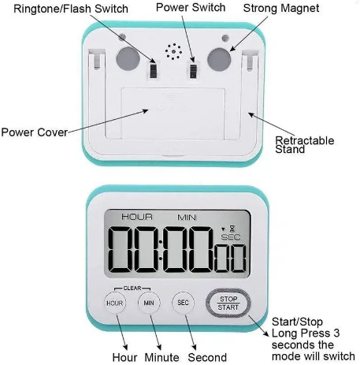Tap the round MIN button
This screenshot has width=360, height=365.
pyautogui.click(x=149, y=303)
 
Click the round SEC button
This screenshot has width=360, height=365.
pyautogui.click(x=183, y=303)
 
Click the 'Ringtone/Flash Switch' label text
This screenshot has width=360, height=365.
pyautogui.click(x=71, y=9)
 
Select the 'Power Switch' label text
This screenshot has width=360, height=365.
pyautogui.click(x=191, y=8)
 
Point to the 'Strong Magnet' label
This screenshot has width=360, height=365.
pyautogui.click(x=281, y=8)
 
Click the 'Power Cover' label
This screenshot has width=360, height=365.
pyautogui.click(x=35, y=132)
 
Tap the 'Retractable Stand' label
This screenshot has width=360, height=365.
pyautogui.click(x=305, y=145)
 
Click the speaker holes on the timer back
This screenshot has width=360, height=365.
pyautogui.click(x=173, y=52)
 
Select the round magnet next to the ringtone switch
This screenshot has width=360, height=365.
pyautogui.click(x=128, y=59)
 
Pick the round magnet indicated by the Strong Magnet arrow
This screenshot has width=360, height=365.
pyautogui.click(x=219, y=59)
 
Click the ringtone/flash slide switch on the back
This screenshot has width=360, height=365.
pyautogui.click(x=153, y=70)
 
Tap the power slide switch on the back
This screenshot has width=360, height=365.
pyautogui.click(x=193, y=70)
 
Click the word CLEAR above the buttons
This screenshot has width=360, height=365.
pyautogui.click(x=132, y=289)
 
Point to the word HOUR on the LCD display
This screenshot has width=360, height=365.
pyautogui.click(x=137, y=217)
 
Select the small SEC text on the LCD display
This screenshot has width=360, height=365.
pyautogui.click(x=231, y=237)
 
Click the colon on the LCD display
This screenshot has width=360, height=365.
pyautogui.click(x=161, y=250)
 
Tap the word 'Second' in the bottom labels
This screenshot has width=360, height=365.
pyautogui.click(x=207, y=357)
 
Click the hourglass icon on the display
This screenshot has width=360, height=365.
pyautogui.click(x=232, y=228)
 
